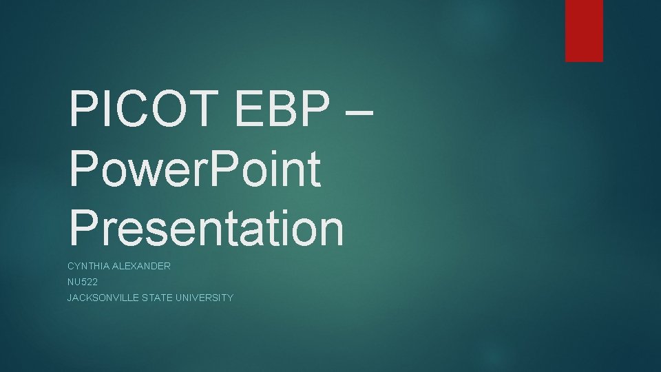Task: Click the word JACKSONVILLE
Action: pyautogui.click(x=104, y=298)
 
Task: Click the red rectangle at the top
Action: pyautogui.click(x=584, y=30)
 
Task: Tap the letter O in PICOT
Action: pyautogui.click(x=174, y=110)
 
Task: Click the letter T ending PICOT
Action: pyautogui.click(x=209, y=110)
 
